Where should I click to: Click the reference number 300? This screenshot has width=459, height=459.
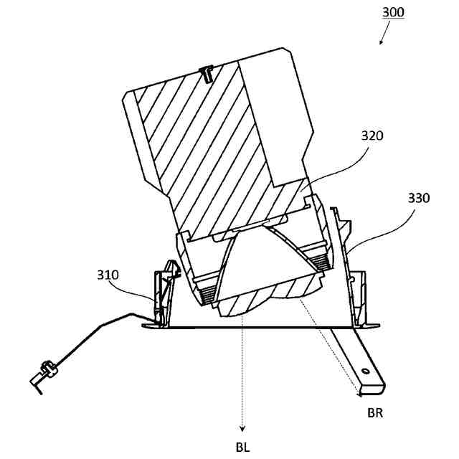coord(394,12)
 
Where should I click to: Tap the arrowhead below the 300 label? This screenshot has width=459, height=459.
coord(381,42)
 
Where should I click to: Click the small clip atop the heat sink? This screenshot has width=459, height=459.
coord(207,72)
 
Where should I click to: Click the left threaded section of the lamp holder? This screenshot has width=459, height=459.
coord(208,292)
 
